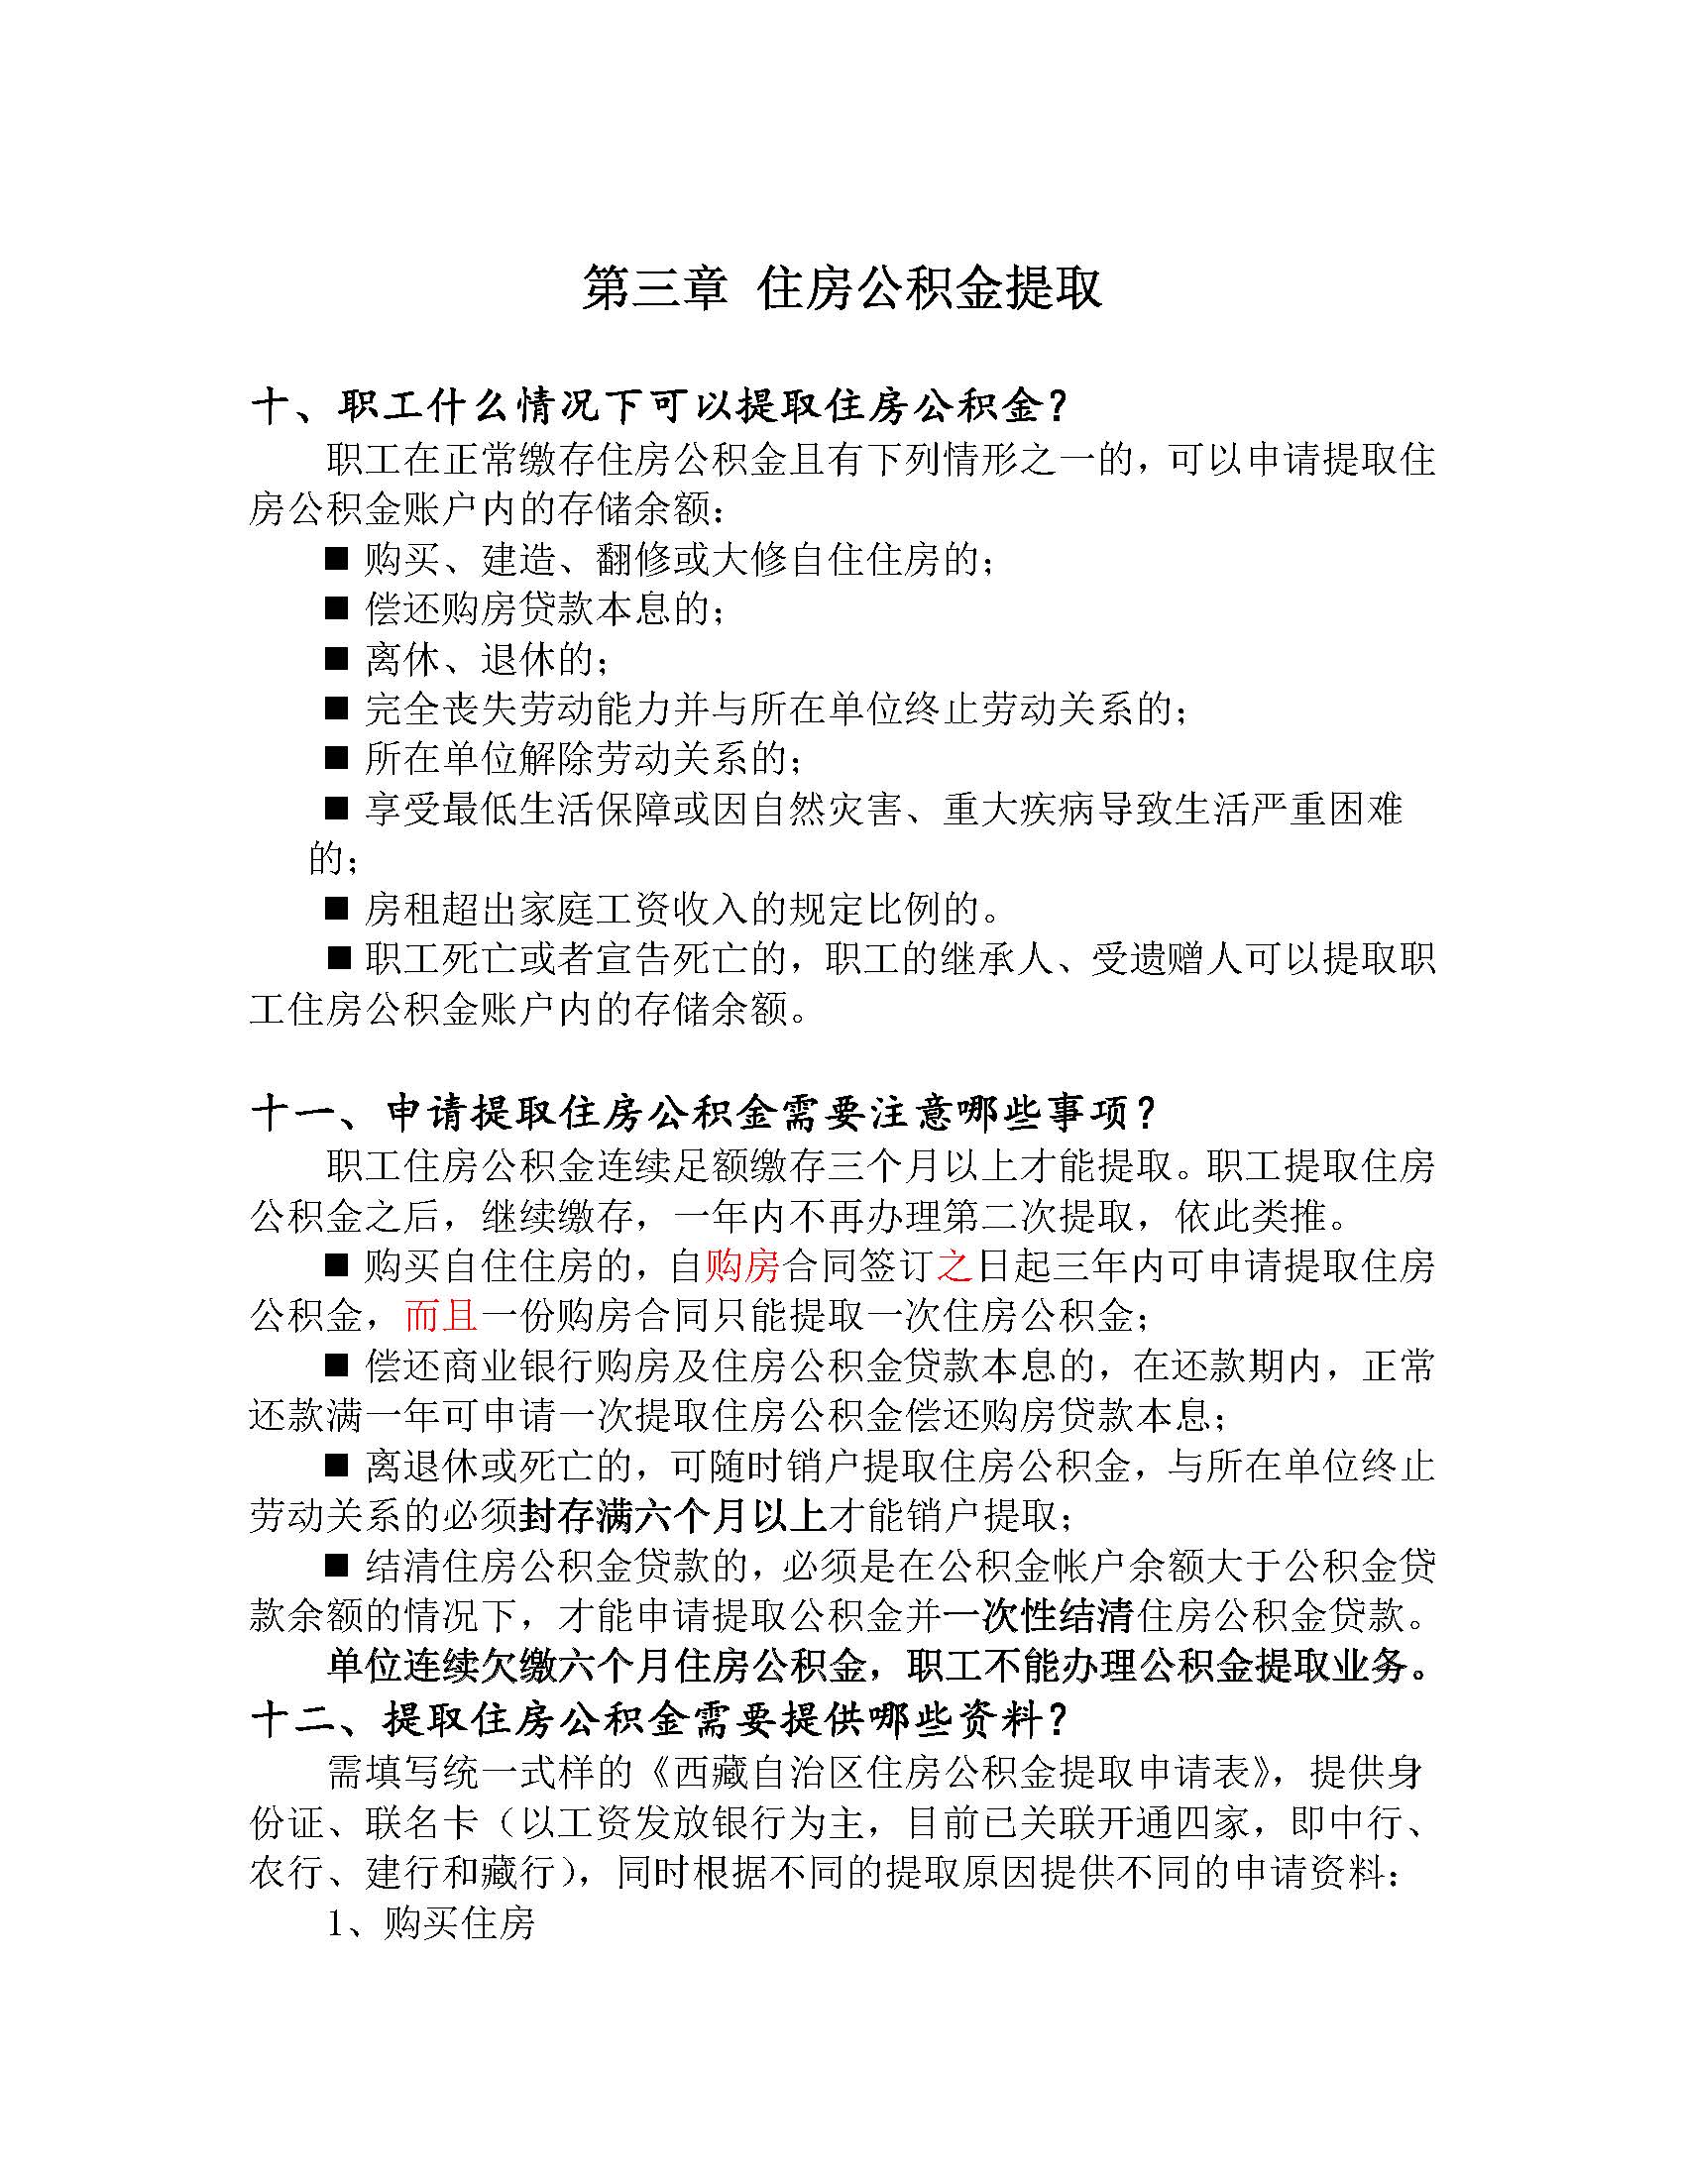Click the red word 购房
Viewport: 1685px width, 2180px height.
[x=742, y=1266]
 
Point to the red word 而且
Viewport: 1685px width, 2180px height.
[x=441, y=1317]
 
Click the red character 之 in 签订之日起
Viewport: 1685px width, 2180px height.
[x=955, y=1266]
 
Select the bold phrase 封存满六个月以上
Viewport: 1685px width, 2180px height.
[x=673, y=1517]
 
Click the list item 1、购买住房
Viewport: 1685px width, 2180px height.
[x=431, y=1922]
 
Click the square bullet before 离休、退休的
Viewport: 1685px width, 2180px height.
[x=336, y=659]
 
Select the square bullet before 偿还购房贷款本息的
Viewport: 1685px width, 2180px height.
[x=336, y=608]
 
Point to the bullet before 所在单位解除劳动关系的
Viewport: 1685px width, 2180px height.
[x=336, y=759]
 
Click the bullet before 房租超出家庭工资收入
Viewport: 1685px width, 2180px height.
[x=336, y=909]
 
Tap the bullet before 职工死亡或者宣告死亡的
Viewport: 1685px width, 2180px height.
[x=340, y=959]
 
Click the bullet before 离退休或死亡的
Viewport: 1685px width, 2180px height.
[x=336, y=1468]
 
